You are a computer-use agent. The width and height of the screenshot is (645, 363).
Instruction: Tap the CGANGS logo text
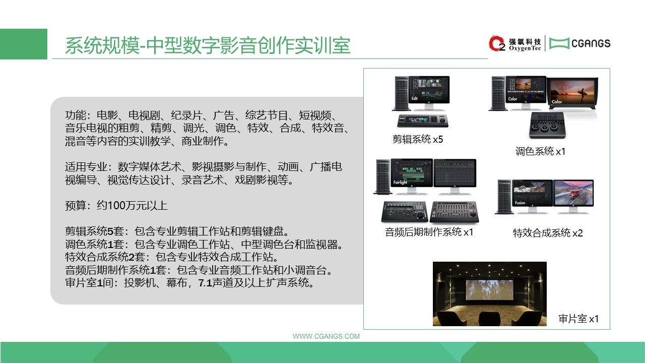pos(591,43)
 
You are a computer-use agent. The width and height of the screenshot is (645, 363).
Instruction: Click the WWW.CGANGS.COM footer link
pos(326,336)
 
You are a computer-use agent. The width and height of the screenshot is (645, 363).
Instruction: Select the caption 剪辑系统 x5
pos(418,140)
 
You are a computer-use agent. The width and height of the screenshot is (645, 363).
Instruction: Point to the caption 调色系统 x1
pos(540,151)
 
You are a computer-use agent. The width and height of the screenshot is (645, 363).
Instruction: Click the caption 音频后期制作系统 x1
pos(429,232)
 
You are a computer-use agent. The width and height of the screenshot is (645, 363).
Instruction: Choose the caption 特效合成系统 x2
pos(548,233)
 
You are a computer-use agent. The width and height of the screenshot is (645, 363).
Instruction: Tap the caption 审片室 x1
pos(578,319)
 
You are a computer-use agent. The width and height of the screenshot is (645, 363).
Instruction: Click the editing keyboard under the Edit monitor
pos(423,120)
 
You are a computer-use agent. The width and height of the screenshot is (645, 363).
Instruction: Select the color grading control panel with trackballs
pos(547,125)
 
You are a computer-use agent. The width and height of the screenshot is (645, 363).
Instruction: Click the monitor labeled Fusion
pos(532,196)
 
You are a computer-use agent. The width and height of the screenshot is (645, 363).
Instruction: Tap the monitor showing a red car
pos(573,196)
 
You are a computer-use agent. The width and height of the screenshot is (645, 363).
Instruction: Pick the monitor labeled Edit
pos(429,92)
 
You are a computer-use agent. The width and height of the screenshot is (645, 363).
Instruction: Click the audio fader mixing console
pos(454,212)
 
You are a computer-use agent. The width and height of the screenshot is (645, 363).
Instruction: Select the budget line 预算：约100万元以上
pos(116,205)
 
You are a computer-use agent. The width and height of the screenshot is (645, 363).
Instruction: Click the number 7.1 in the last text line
pos(205,283)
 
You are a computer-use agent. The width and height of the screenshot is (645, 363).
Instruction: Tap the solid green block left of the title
pos(24,44)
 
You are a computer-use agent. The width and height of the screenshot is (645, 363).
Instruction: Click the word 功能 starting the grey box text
pos(76,115)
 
